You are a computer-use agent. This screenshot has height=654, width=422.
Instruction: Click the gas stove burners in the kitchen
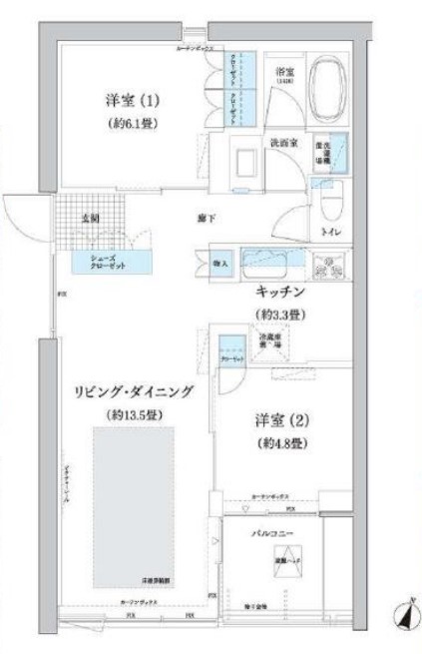(x=328, y=267)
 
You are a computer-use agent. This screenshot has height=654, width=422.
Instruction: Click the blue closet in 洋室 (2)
(x=231, y=354)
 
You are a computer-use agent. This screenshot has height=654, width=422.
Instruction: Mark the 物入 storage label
(x=222, y=265)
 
